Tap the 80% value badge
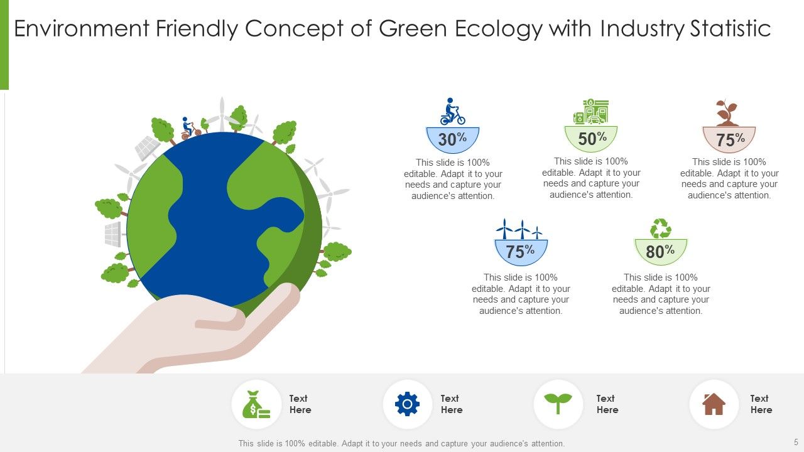[660, 252]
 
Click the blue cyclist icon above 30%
[452, 112]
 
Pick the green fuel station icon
[591, 111]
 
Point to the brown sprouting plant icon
[727, 113]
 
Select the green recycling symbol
[661, 229]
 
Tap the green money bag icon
[256, 404]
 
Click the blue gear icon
[407, 404]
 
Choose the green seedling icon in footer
[558, 404]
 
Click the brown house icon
[714, 404]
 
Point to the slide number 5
[796, 443]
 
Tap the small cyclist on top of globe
[187, 128]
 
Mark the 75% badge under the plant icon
[729, 140]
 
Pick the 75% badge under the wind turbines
[521, 252]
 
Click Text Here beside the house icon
[760, 404]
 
